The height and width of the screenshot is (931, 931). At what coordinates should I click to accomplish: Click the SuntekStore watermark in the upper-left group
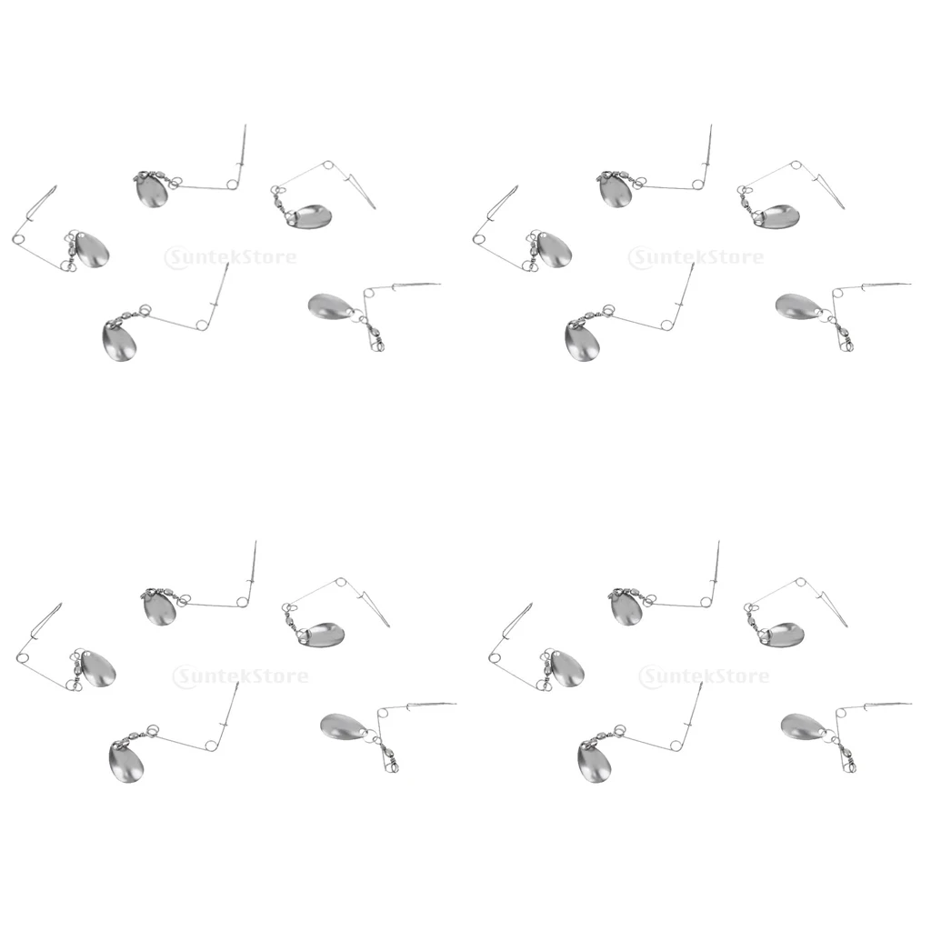[x=231, y=257]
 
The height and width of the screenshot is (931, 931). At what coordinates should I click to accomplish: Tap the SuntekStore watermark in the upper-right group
[x=698, y=257]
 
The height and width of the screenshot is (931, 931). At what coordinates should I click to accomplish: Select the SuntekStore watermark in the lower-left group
[x=240, y=676]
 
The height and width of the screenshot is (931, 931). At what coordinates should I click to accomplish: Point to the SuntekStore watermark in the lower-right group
[x=705, y=676]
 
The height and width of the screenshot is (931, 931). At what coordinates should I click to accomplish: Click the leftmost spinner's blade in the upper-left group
[x=92, y=250]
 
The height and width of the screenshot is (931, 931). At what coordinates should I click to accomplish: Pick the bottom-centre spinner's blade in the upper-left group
[x=119, y=342]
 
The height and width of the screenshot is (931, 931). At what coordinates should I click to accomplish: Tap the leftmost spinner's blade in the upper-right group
[x=556, y=250]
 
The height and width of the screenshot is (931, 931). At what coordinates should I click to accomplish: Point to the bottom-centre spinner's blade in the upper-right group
[x=583, y=342]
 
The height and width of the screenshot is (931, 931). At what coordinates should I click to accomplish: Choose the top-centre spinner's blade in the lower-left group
[x=159, y=607]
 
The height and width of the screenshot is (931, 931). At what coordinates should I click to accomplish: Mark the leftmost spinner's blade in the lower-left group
[x=98, y=667]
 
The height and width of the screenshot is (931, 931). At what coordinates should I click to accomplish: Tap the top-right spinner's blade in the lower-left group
[x=319, y=634]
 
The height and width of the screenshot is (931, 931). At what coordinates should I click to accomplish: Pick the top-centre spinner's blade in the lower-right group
[x=626, y=607]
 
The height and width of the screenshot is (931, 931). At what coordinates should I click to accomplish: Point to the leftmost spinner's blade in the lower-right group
[x=565, y=667]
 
